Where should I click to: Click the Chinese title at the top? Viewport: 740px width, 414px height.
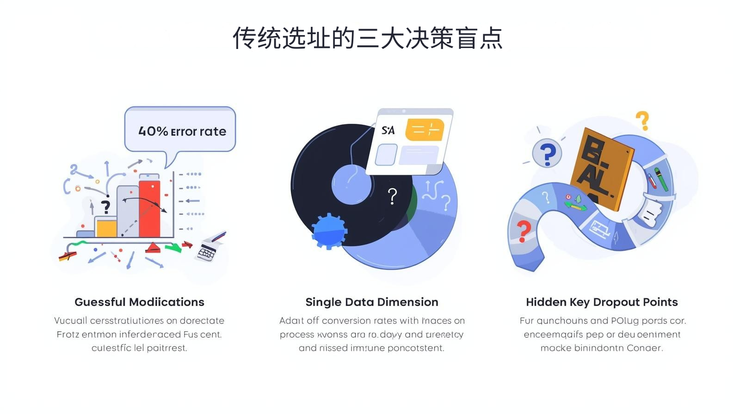[x=368, y=38]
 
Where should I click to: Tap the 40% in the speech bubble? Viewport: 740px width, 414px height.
[x=153, y=131]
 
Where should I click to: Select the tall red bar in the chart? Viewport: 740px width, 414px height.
[x=149, y=208]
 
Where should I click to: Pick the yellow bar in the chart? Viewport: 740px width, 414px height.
[x=106, y=227]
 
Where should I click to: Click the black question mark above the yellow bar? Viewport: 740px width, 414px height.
[x=106, y=206]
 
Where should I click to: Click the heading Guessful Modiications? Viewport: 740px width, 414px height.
[x=139, y=302]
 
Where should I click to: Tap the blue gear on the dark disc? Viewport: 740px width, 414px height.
[x=328, y=231]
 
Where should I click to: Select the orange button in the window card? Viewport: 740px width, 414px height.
[x=424, y=130]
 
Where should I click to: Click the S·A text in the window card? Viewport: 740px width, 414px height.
[x=388, y=130]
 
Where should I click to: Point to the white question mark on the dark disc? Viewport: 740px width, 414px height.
[x=392, y=196]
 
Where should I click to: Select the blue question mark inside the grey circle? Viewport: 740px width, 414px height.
[x=547, y=154]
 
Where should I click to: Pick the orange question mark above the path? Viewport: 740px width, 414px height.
[x=642, y=121]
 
